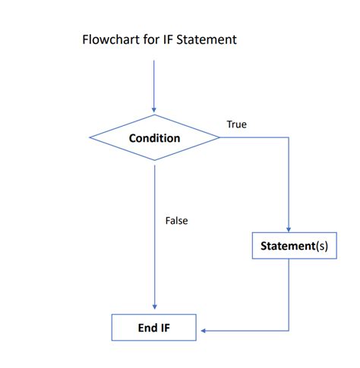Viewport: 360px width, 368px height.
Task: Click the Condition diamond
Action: coord(154,138)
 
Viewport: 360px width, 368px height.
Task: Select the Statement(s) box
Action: coord(294,246)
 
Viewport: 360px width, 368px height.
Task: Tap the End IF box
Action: coord(154,328)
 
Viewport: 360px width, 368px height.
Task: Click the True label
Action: coord(236,124)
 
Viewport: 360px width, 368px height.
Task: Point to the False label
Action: coord(176,221)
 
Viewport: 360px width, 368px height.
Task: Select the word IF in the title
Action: coord(170,39)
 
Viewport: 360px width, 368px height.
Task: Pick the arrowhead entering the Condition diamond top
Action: coord(154,110)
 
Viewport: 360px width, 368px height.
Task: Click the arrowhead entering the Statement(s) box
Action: coord(289,228)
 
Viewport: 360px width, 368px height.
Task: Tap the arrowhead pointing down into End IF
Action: coord(154,308)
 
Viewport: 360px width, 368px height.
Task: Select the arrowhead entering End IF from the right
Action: coord(203,330)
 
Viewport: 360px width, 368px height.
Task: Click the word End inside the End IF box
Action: coord(147,328)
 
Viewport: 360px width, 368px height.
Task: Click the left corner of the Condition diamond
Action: coord(90,138)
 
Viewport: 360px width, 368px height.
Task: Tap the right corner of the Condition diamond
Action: coord(219,138)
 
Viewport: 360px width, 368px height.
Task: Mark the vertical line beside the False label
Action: coord(154,228)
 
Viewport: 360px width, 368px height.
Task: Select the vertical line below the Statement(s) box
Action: coord(289,296)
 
